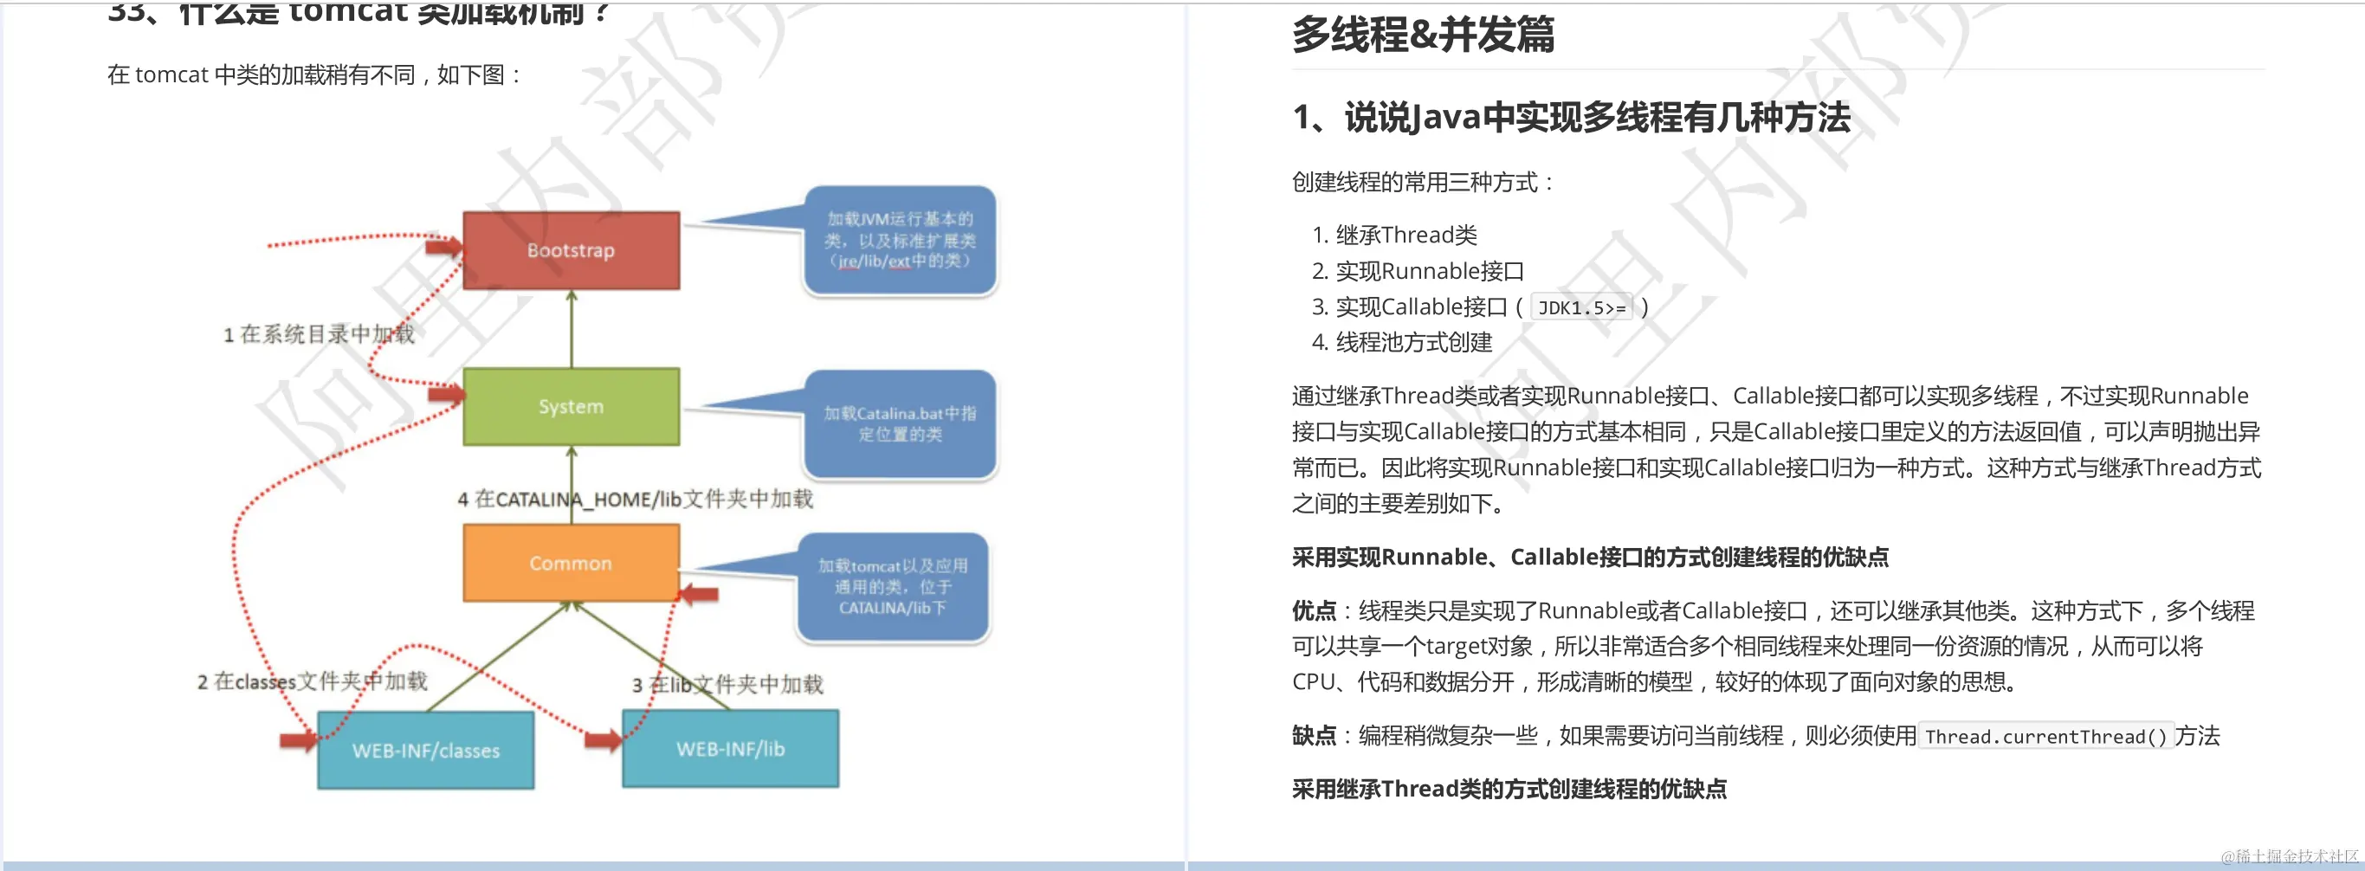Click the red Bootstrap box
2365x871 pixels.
[571, 250]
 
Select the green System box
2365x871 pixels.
[571, 407]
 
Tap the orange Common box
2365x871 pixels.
[571, 563]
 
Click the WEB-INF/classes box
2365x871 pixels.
[426, 750]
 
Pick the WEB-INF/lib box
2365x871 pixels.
[730, 749]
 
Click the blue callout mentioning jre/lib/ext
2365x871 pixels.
[900, 241]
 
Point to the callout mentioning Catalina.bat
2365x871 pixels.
[900, 423]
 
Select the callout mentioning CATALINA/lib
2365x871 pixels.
[892, 586]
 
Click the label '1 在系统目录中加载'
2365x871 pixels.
[319, 334]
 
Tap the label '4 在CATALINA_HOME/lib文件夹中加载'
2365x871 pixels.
[636, 500]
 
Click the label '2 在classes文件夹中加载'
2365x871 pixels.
[312, 681]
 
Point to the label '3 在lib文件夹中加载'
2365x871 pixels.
[727, 685]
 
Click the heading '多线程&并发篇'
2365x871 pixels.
[1423, 35]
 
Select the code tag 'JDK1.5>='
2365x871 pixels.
[1581, 308]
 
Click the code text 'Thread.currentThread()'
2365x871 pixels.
[2045, 737]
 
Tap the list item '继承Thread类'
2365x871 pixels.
[1405, 235]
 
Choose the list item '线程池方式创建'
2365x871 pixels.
[1414, 342]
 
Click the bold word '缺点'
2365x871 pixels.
[1314, 736]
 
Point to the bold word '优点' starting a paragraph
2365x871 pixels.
[1314, 611]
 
